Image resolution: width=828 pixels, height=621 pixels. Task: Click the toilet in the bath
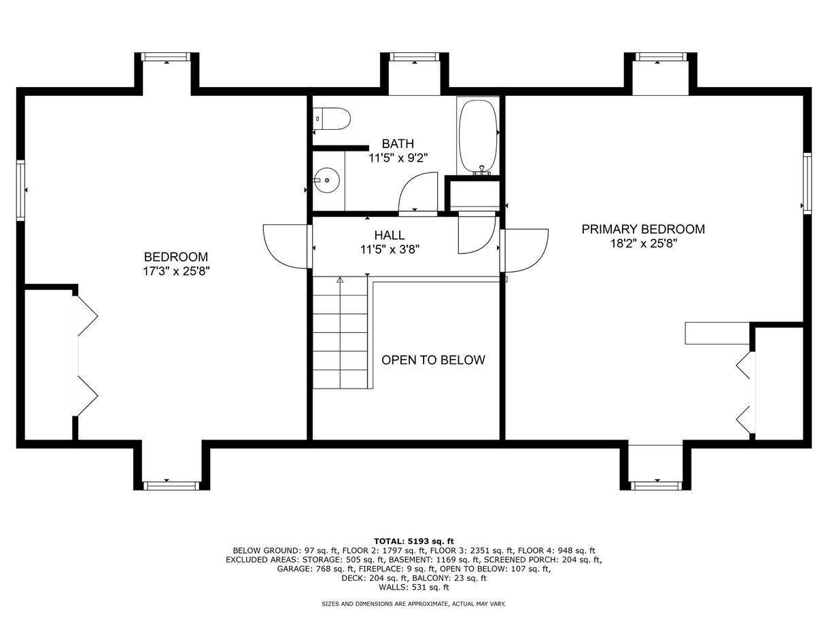tap(332, 119)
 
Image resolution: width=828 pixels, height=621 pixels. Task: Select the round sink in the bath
tap(327, 181)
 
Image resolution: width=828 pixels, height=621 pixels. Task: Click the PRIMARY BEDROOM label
tap(643, 229)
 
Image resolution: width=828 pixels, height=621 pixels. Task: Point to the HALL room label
tap(390, 235)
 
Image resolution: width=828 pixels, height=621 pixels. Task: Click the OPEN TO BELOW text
tap(433, 360)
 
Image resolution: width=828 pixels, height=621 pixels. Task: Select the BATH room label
tap(398, 143)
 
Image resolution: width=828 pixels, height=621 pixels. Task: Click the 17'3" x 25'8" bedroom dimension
tap(176, 271)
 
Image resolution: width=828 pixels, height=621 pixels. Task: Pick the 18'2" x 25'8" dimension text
tap(644, 243)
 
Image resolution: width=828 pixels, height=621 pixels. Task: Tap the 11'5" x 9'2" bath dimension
tap(398, 158)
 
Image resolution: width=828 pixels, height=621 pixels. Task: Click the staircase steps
tap(341, 332)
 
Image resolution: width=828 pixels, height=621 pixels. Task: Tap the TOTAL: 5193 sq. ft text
tap(414, 542)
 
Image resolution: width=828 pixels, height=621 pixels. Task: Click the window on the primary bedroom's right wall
tap(807, 183)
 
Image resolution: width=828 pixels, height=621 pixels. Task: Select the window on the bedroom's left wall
tap(20, 190)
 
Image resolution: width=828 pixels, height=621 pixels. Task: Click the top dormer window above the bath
tap(415, 56)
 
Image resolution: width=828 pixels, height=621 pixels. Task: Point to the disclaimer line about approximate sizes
tap(413, 604)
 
